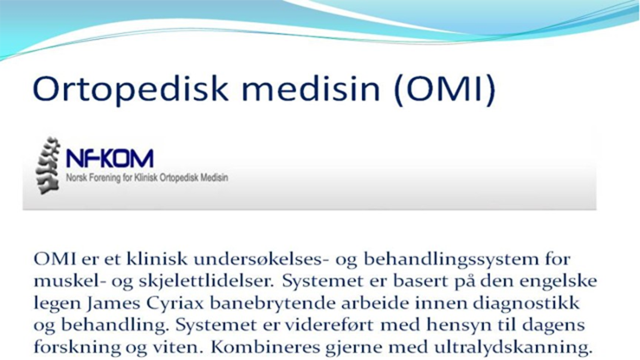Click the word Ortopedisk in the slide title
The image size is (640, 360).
pos(131,89)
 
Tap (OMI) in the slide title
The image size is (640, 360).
pos(445,90)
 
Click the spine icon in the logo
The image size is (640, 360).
pos(48,166)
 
